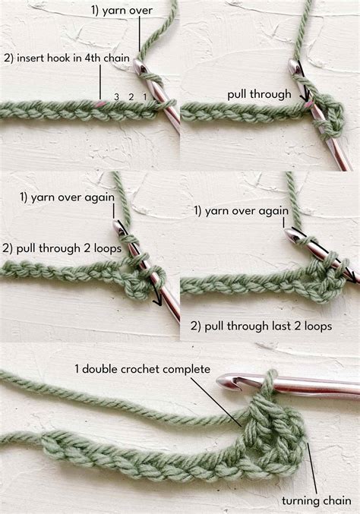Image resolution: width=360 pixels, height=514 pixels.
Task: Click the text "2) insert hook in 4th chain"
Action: click(68, 58)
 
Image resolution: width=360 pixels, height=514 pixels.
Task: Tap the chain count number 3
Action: click(116, 97)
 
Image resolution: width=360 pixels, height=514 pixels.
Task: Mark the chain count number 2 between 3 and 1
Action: click(130, 97)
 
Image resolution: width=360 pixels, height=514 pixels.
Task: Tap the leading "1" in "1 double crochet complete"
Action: click(77, 369)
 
